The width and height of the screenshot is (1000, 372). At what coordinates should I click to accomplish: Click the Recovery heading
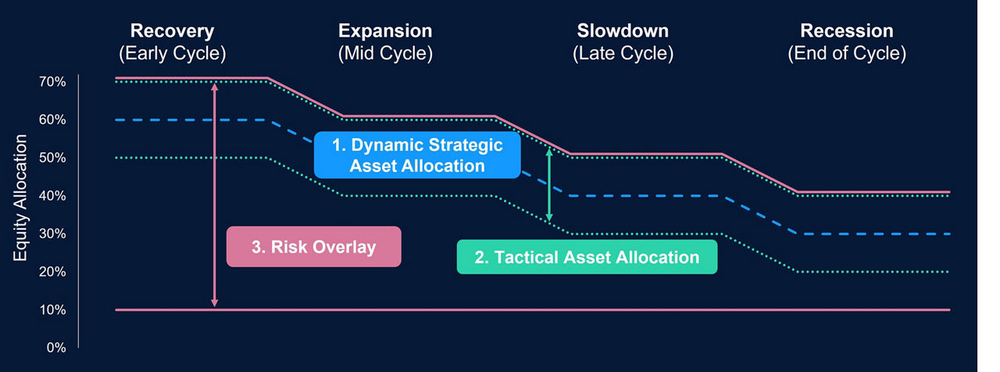172,31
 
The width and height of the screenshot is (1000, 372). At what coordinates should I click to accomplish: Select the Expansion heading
384,31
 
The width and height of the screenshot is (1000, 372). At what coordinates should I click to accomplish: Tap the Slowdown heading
623,31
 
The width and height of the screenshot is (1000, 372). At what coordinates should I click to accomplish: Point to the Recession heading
846,31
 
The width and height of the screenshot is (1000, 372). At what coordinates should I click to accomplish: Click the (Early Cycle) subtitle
172,54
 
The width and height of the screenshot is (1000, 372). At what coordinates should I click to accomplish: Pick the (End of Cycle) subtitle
846,54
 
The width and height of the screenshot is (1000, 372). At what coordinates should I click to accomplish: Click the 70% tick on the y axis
51,82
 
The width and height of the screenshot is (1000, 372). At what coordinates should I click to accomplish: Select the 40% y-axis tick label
51,196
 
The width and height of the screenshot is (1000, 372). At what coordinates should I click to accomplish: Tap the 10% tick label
51,310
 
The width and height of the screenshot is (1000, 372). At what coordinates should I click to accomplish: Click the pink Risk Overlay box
313,248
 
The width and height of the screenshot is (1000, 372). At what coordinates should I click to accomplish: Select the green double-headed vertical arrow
549,185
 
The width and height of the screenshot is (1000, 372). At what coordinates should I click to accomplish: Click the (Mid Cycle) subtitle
384,54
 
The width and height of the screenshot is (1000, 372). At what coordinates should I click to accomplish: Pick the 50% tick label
51,158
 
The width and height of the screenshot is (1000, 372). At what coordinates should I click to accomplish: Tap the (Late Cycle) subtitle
623,54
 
